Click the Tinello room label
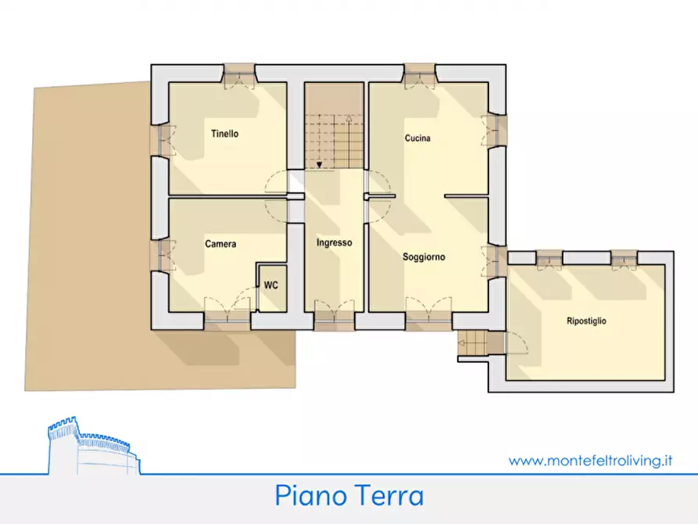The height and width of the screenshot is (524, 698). coord(224,134)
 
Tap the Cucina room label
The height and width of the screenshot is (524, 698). coord(417,138)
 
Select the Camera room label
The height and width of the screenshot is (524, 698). coord(220,244)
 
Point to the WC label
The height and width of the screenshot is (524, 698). coord(270,285)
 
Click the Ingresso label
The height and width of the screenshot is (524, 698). coord(334,242)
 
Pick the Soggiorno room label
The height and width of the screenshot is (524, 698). coord(424,257)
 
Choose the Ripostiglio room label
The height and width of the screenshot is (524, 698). coord(586,321)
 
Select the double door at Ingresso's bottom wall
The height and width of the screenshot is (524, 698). coord(335,317)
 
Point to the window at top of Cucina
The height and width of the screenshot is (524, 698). coord(420,73)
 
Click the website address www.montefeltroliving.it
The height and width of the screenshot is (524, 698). coord(591,461)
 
